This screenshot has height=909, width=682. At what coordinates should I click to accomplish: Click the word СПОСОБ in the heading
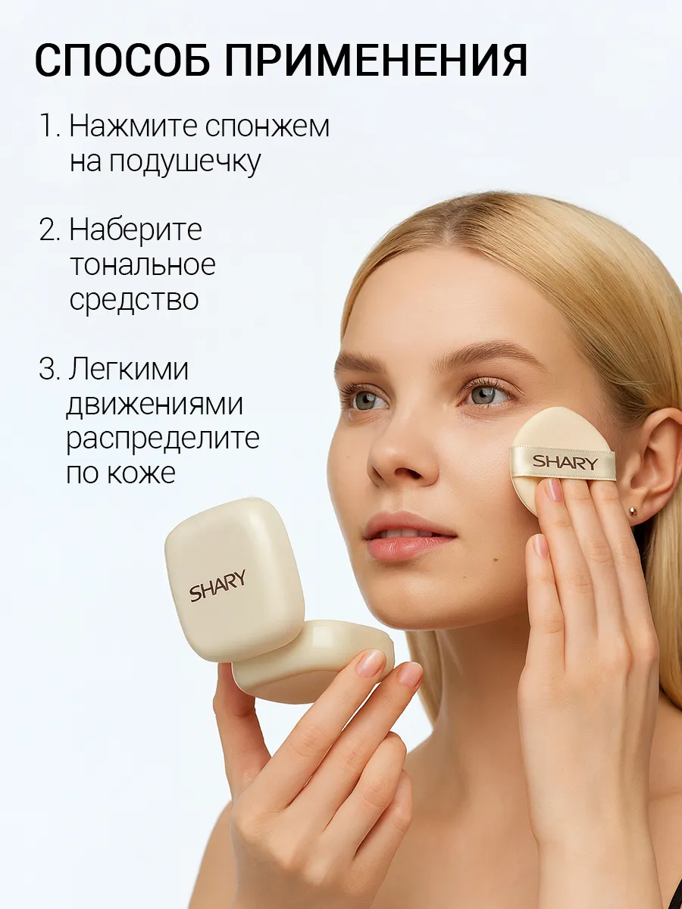pyautogui.click(x=124, y=60)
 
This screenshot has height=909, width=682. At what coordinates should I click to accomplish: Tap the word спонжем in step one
pyautogui.click(x=267, y=127)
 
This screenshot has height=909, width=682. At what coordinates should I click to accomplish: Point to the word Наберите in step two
pyautogui.click(x=136, y=230)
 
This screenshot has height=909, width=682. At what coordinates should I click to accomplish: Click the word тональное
pyautogui.click(x=142, y=264)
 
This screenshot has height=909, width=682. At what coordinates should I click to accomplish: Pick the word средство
pyautogui.click(x=134, y=300)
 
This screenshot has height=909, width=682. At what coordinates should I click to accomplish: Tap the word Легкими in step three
pyautogui.click(x=128, y=369)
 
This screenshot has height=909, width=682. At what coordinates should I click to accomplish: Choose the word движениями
pyautogui.click(x=155, y=405)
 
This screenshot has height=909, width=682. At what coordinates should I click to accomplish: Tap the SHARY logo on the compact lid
pyautogui.click(x=217, y=586)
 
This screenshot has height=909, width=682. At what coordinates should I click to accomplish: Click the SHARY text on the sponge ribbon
pyautogui.click(x=565, y=462)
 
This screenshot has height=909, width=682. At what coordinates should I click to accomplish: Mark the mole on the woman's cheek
pyautogui.click(x=496, y=561)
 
